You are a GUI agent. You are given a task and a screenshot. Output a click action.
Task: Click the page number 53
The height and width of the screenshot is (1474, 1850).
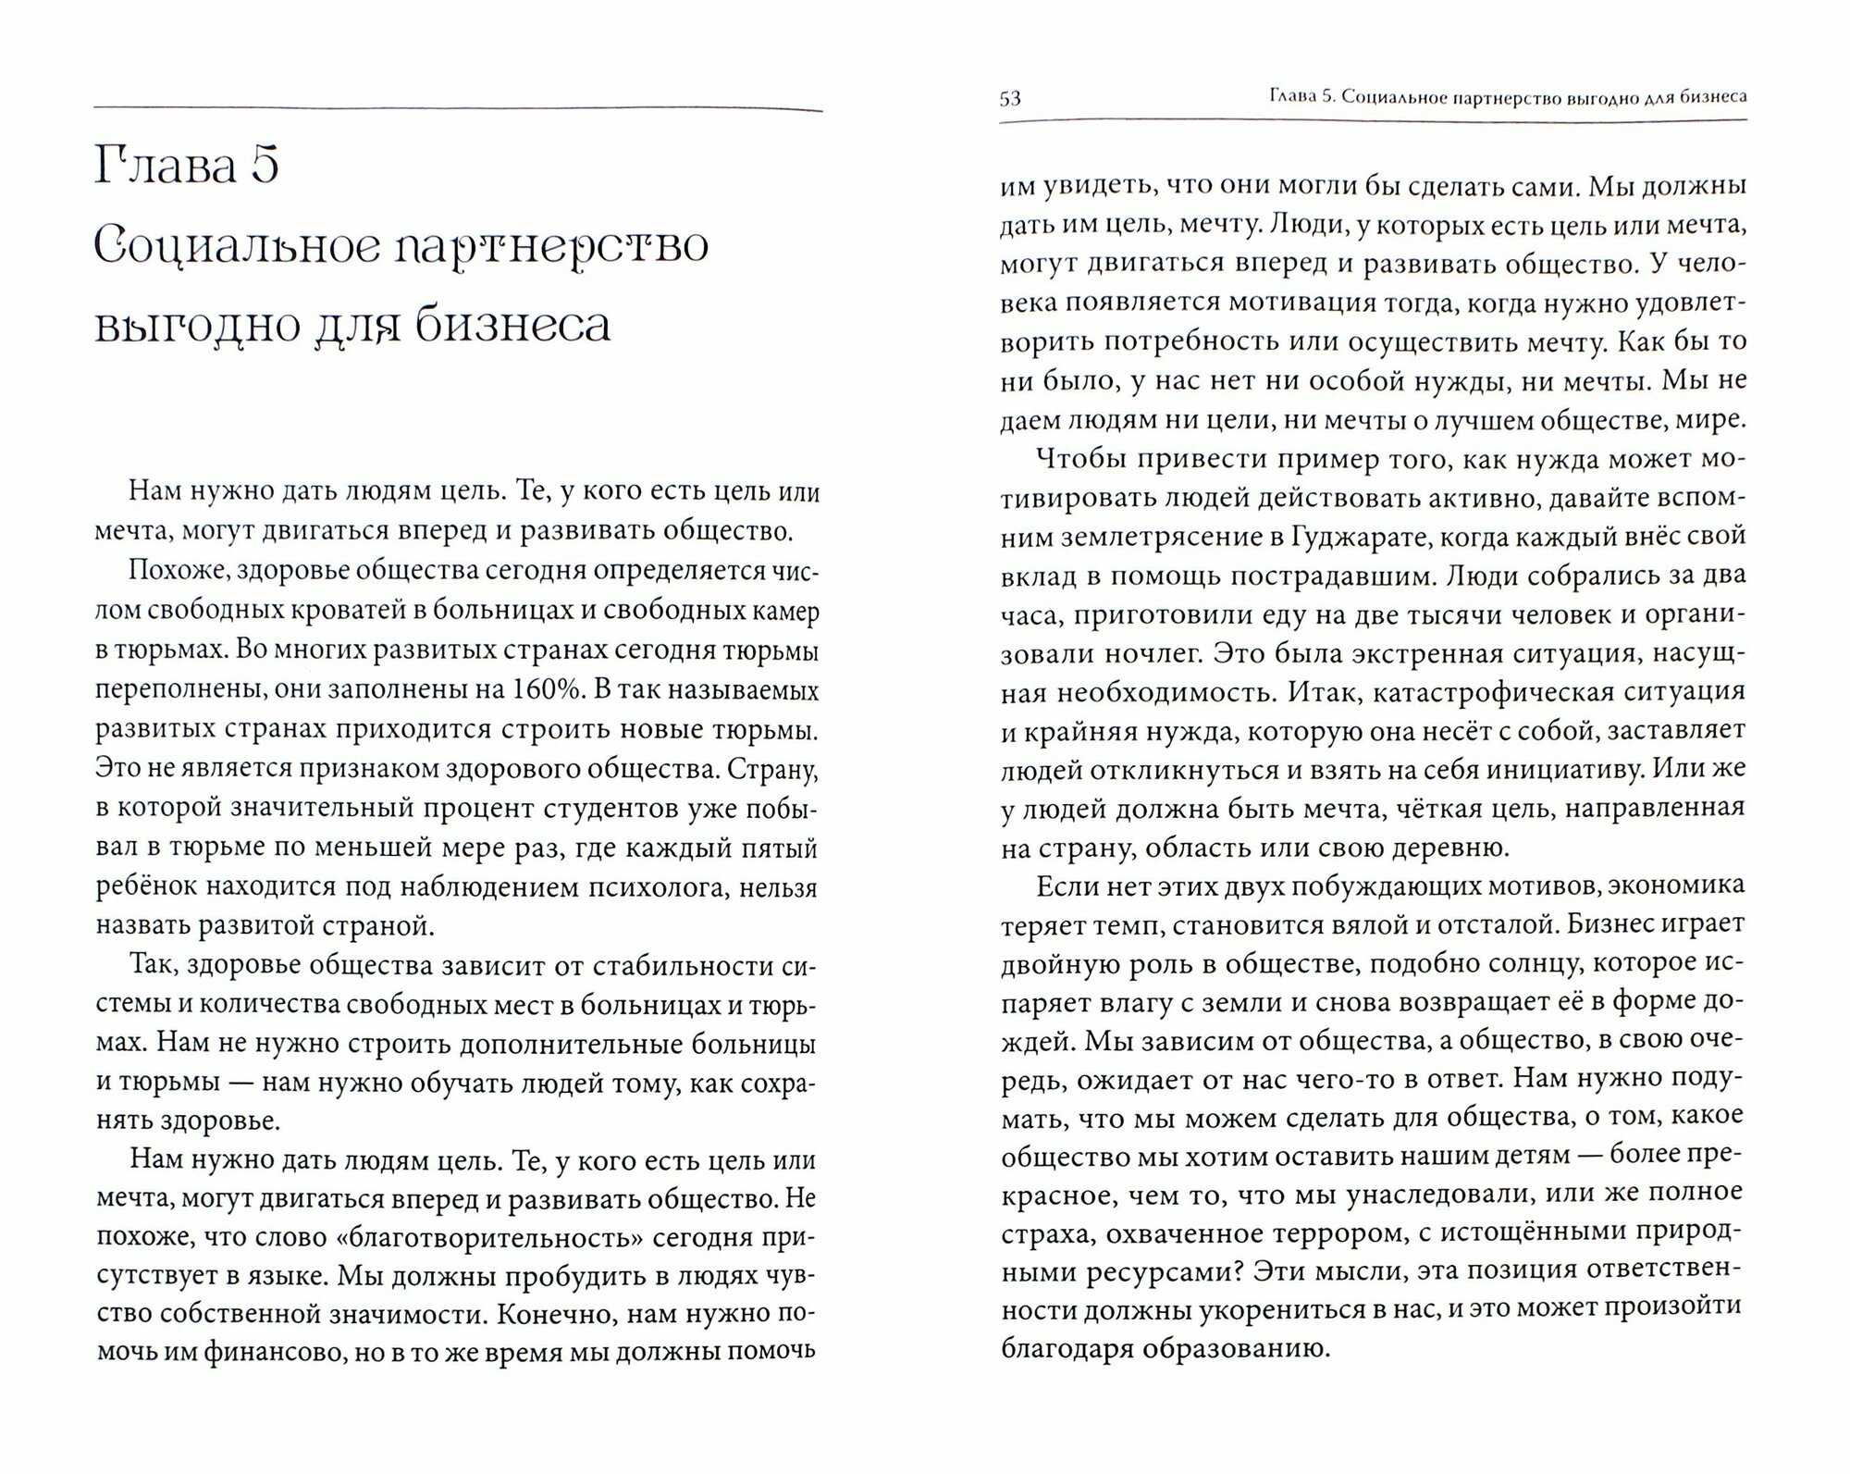click(x=1010, y=98)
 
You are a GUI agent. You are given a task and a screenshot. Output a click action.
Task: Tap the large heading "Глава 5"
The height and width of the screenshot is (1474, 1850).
click(x=187, y=167)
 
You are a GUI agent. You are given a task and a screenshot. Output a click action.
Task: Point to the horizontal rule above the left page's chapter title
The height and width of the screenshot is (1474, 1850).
click(x=458, y=110)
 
